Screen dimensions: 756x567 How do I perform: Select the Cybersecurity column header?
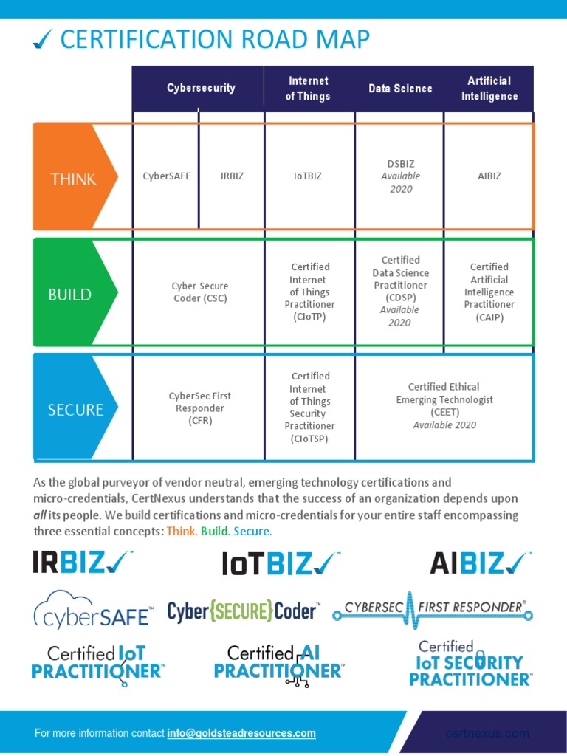[x=201, y=88]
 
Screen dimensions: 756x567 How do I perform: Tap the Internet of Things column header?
[x=308, y=89]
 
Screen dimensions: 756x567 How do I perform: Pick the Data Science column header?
[x=400, y=89]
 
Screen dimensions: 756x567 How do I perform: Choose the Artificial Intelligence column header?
[x=489, y=89]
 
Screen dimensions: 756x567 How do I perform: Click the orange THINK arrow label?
[x=74, y=179]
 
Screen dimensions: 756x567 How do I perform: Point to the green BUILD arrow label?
[x=71, y=295]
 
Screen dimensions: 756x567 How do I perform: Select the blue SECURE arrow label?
[x=75, y=409]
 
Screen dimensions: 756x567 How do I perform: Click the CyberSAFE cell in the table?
[x=167, y=176]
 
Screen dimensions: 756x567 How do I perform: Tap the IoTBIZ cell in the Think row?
[x=308, y=176]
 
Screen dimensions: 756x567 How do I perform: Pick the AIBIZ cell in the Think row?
[x=489, y=176]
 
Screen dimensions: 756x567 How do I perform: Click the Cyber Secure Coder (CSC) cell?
[x=200, y=292]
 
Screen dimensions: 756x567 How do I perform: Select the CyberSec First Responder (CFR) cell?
[x=200, y=408]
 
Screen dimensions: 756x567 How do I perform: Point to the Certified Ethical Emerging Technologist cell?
[x=444, y=405]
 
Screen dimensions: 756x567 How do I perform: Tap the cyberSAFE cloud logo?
[x=93, y=610]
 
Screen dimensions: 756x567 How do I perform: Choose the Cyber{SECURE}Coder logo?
[x=244, y=611]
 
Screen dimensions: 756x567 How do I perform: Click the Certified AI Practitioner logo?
[x=279, y=661]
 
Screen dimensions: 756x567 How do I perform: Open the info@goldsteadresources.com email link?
[x=241, y=733]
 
